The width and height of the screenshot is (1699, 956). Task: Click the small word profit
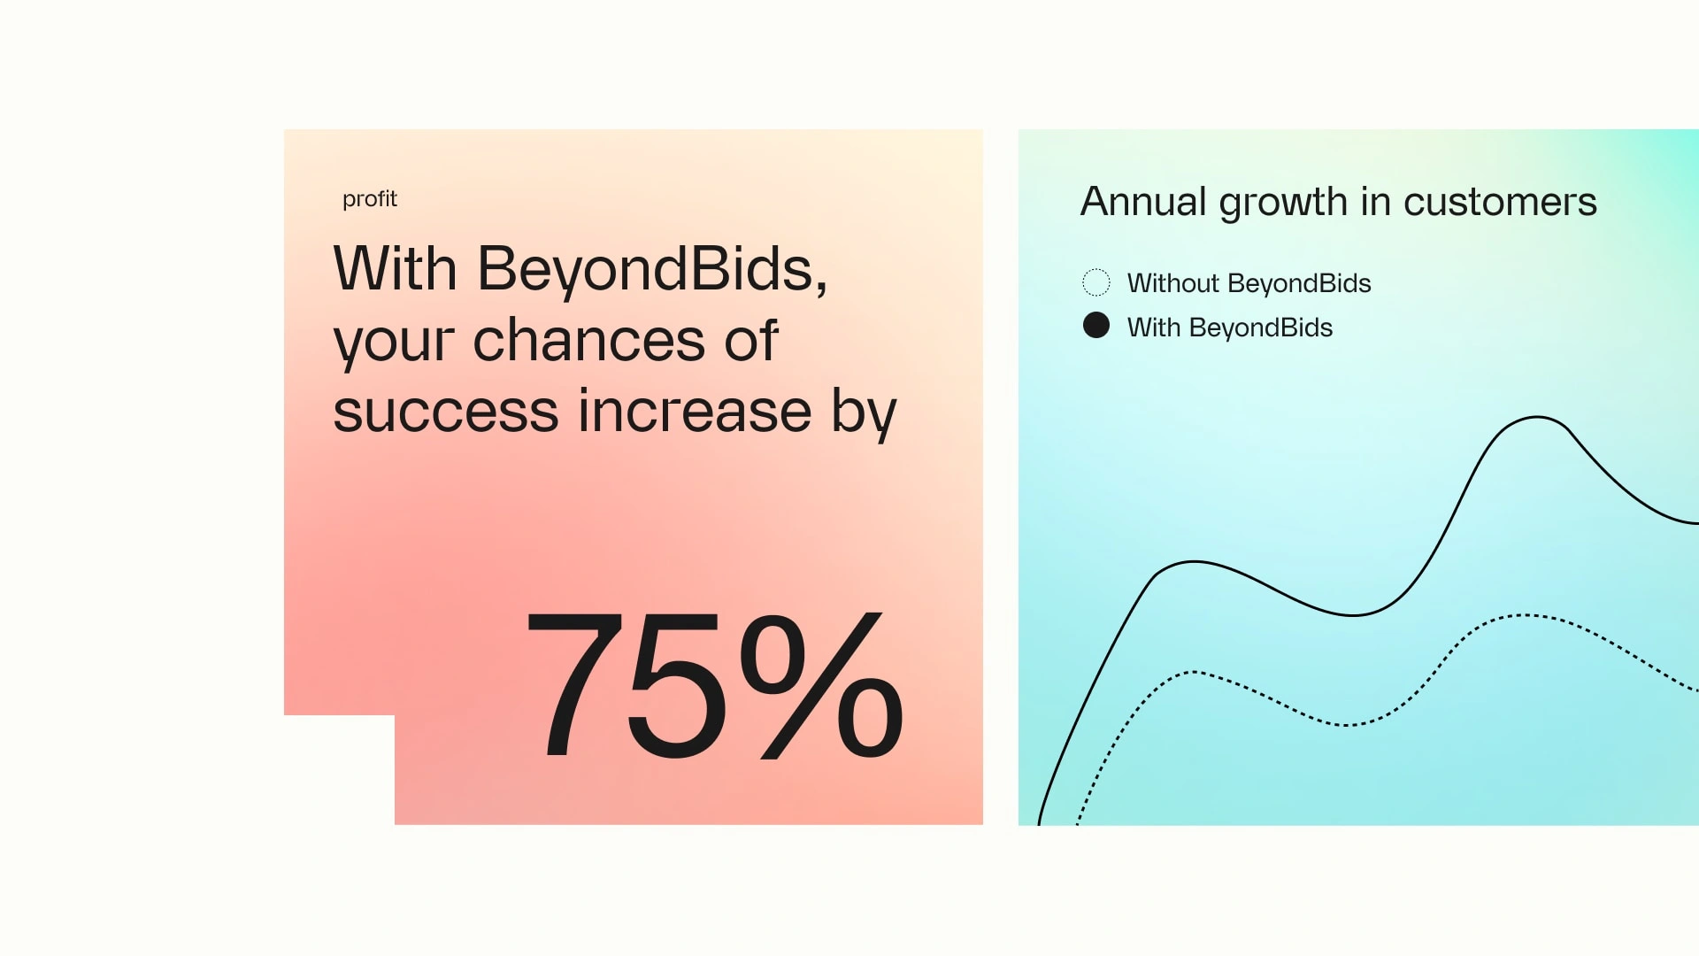click(370, 199)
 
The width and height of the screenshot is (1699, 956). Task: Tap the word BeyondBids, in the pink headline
click(653, 269)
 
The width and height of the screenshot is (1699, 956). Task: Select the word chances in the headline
click(588, 340)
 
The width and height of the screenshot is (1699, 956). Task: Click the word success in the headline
click(446, 412)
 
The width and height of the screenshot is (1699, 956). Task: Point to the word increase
click(696, 412)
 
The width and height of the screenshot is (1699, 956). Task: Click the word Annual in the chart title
click(1143, 201)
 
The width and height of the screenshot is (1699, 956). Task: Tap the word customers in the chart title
click(1500, 203)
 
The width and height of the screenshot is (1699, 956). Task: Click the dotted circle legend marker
click(1096, 282)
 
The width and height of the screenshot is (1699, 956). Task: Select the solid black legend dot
click(1096, 326)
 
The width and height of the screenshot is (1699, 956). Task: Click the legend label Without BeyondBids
click(1249, 283)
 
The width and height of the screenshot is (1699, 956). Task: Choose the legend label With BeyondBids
click(1230, 328)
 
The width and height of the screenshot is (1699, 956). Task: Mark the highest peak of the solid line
click(1537, 417)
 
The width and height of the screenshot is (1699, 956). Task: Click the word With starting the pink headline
click(395, 268)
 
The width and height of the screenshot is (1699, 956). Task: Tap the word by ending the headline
click(864, 412)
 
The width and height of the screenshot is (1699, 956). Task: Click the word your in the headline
click(395, 343)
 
